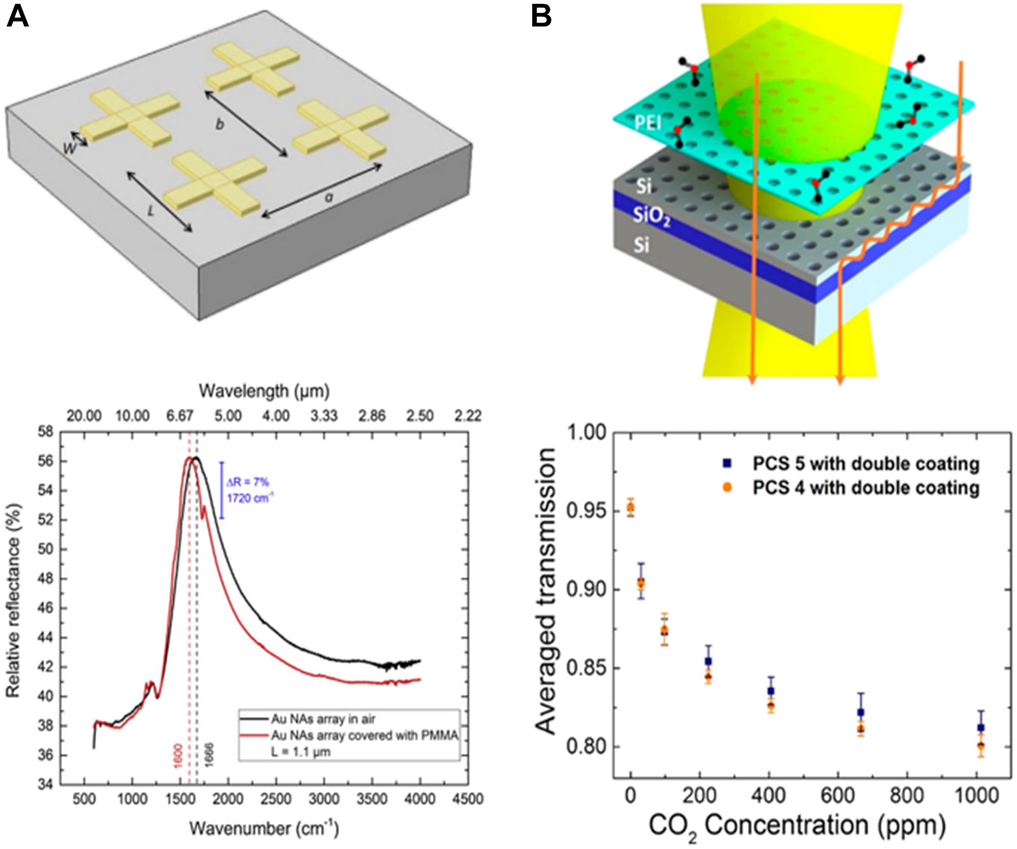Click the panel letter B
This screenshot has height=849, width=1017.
(541, 15)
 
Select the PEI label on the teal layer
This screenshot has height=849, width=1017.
(648, 122)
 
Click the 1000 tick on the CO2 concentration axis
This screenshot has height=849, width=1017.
(976, 796)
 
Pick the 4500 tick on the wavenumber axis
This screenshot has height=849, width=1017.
(467, 799)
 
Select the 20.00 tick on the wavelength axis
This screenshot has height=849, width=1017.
(84, 416)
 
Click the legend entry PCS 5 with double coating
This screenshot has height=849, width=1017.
(866, 464)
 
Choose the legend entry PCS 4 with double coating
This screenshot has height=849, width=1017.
(866, 488)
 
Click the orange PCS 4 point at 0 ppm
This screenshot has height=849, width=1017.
(630, 509)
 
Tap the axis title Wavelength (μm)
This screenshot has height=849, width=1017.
(264, 391)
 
